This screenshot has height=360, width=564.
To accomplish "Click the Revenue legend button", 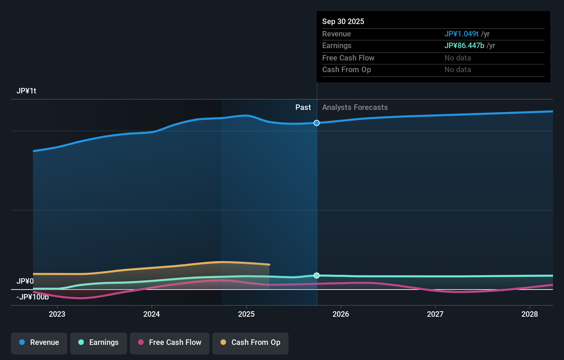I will click(x=39, y=342).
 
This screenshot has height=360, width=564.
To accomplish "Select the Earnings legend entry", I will click(x=99, y=342).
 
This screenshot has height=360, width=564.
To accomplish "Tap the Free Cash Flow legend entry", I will click(x=170, y=342).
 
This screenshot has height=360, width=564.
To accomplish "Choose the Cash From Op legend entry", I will click(x=250, y=342).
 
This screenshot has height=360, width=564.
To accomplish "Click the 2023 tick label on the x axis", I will click(x=57, y=314).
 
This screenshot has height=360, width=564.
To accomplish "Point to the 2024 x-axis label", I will click(x=151, y=314).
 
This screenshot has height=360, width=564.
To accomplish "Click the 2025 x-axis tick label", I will click(x=246, y=314).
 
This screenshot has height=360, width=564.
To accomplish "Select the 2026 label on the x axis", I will click(x=341, y=314).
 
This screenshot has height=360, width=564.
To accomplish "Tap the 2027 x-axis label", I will click(x=435, y=314).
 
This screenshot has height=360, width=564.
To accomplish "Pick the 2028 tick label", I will click(x=530, y=314).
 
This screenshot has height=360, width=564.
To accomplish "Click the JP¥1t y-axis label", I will click(x=26, y=91).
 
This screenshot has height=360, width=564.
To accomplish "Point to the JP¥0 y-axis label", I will click(x=25, y=281).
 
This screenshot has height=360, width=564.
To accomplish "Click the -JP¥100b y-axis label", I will click(x=33, y=297).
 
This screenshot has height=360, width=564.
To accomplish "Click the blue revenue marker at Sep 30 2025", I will click(x=317, y=123).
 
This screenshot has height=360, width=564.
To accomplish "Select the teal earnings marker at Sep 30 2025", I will click(x=317, y=275).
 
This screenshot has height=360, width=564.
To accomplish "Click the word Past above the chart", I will click(x=303, y=108).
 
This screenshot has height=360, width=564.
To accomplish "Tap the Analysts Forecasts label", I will click(x=355, y=108).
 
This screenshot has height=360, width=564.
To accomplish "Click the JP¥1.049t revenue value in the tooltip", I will click(x=461, y=34).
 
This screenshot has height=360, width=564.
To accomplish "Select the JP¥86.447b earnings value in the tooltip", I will click(x=464, y=46).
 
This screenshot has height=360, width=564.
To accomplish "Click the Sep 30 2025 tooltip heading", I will click(x=343, y=22).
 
